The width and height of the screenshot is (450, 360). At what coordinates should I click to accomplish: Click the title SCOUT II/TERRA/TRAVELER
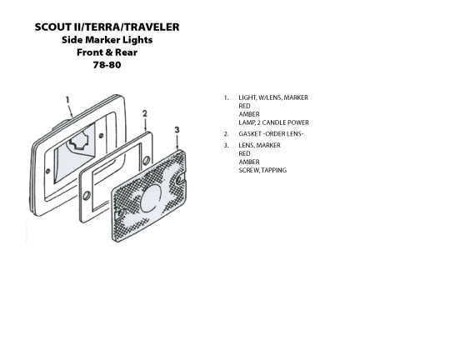click(x=107, y=27)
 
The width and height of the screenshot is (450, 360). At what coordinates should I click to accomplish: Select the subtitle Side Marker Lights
click(x=107, y=40)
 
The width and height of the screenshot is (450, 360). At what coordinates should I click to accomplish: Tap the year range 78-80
click(x=107, y=65)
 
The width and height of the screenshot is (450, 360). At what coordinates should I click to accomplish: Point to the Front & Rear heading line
click(x=107, y=52)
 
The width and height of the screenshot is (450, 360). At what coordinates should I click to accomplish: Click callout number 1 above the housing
click(x=67, y=100)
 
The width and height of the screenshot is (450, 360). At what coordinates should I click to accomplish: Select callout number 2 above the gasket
click(x=145, y=113)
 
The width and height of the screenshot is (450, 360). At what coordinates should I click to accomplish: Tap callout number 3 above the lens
click(x=177, y=130)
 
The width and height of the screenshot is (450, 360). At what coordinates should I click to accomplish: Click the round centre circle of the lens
click(x=151, y=198)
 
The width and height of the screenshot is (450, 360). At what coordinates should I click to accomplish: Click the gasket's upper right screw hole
click(x=146, y=160)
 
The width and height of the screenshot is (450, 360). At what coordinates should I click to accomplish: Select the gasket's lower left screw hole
click(x=86, y=196)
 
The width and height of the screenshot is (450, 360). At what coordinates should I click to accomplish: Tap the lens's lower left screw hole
click(x=121, y=213)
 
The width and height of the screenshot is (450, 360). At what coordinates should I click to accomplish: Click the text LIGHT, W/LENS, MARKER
click(x=273, y=97)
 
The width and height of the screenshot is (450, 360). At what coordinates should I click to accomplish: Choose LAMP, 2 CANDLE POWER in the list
click(x=274, y=122)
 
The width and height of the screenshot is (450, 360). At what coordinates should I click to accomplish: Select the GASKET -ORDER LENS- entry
click(x=271, y=134)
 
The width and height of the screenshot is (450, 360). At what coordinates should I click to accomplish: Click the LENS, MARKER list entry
click(x=259, y=145)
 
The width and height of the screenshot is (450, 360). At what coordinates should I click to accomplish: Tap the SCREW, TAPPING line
click(x=262, y=170)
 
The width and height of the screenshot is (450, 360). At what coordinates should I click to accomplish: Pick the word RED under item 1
click(x=244, y=106)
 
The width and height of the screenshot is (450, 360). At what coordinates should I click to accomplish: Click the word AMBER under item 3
click(x=249, y=162)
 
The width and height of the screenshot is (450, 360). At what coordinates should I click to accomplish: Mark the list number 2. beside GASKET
click(x=227, y=134)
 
